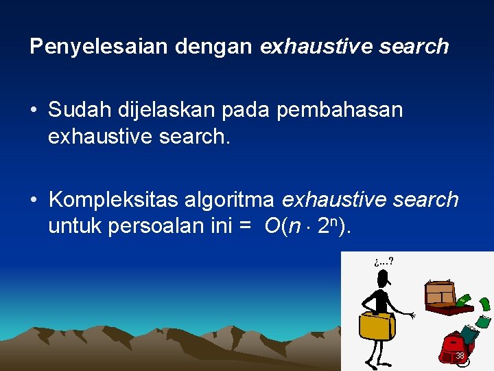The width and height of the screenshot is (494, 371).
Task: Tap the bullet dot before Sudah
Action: (34, 111)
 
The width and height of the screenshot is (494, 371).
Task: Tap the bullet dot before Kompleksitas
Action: (34, 200)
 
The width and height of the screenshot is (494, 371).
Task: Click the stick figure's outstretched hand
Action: (412, 315)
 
